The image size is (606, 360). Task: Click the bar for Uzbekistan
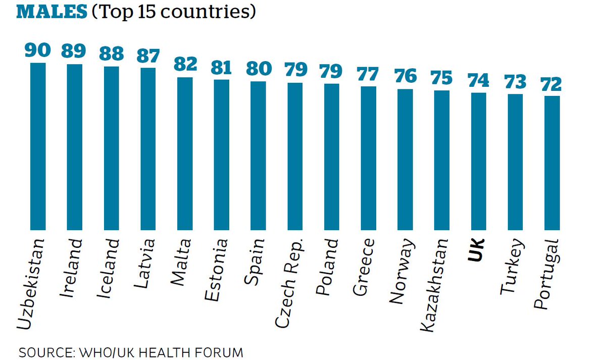(x=38, y=146)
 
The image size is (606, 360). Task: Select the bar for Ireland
(x=75, y=146)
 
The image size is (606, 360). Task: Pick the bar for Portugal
(x=552, y=162)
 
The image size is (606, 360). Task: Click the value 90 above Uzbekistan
(x=38, y=50)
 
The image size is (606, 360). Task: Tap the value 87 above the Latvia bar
(x=148, y=55)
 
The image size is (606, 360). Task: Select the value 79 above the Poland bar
(x=331, y=71)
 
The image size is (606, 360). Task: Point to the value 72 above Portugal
(x=552, y=83)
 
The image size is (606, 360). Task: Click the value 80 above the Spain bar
(x=258, y=69)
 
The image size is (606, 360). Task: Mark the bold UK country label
(x=477, y=250)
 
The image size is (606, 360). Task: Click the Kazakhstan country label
(x=435, y=285)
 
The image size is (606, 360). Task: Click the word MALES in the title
(x=51, y=12)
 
